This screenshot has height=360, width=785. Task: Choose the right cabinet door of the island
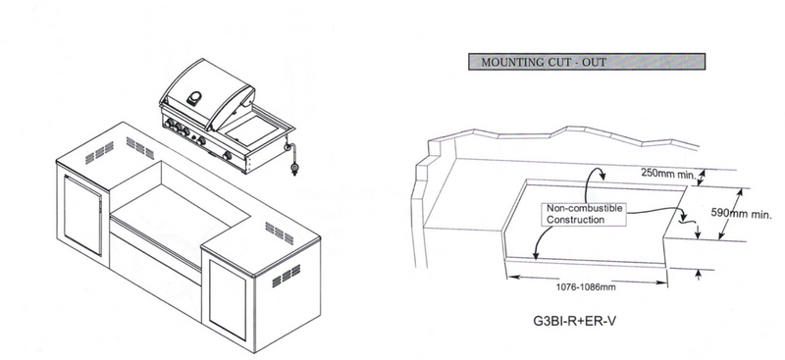click(x=228, y=300)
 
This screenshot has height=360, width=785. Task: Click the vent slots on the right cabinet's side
click(x=286, y=277)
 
